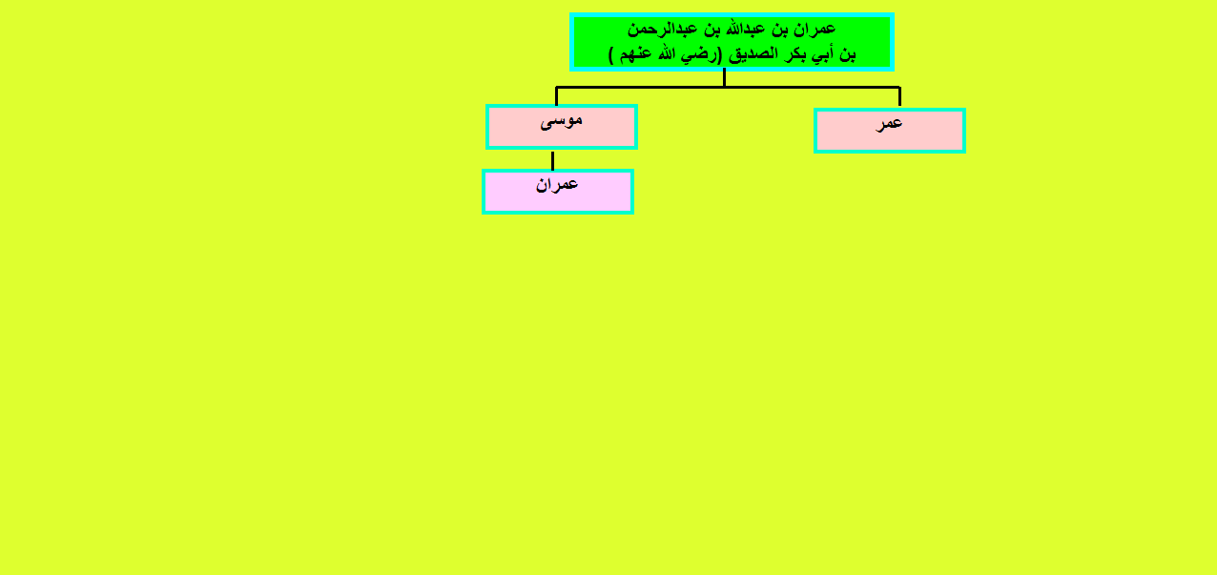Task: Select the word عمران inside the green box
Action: coord(815,30)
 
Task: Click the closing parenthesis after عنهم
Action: coord(611,55)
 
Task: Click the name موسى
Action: coord(561,120)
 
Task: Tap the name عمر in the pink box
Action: coord(890,124)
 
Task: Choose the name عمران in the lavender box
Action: coord(557,185)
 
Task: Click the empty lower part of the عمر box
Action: coord(890,141)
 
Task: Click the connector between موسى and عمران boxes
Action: coord(552,161)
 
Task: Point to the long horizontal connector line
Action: coord(728,87)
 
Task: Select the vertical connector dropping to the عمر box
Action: coord(899,96)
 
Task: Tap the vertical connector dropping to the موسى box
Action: coord(556,96)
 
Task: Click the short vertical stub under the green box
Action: coord(724,77)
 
